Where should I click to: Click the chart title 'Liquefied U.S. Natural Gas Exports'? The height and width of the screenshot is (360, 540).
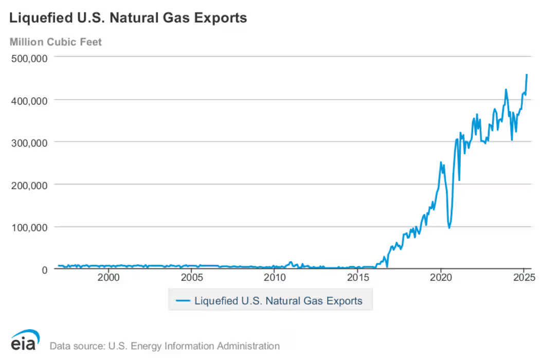[x=128, y=18]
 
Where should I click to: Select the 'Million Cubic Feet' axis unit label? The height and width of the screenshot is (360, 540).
[x=56, y=42]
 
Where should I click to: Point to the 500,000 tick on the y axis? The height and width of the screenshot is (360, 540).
[x=29, y=58]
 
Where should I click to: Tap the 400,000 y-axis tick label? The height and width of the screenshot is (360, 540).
[x=29, y=100]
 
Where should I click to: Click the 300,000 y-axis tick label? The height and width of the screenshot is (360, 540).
[x=29, y=142]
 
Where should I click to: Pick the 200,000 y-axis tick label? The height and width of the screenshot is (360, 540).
[x=29, y=185]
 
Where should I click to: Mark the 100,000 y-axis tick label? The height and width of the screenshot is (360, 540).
[x=29, y=227]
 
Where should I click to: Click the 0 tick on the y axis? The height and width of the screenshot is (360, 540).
[x=44, y=269]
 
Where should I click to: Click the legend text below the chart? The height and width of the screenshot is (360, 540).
[x=278, y=301]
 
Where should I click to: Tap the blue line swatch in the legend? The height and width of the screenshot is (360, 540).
[x=183, y=301]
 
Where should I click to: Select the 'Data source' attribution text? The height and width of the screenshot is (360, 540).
[x=165, y=346]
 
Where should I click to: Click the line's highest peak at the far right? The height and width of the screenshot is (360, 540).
[x=527, y=75]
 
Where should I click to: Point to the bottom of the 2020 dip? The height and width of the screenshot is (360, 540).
[x=449, y=227]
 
